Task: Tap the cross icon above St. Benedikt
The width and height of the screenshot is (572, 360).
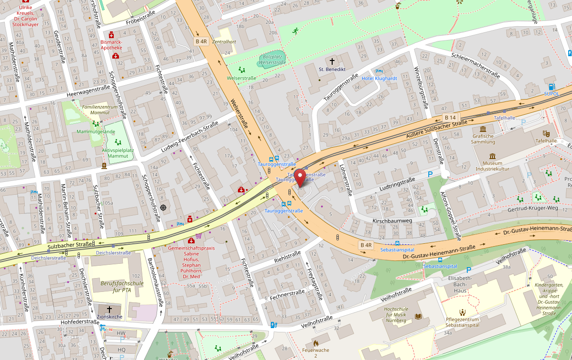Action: (332, 61)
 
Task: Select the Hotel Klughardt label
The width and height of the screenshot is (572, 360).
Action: (379, 78)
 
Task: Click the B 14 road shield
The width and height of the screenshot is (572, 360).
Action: (450, 117)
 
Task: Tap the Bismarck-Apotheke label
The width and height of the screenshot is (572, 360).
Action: (112, 45)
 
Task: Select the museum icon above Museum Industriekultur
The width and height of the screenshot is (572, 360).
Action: (492, 156)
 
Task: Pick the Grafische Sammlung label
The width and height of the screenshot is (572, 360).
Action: (483, 139)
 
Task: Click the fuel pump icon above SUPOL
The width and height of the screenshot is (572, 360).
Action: (552, 87)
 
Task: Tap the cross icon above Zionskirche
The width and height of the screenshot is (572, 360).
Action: (109, 309)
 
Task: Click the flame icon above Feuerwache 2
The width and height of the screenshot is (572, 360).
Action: (315, 343)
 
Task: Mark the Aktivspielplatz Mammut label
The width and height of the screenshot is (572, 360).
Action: (118, 153)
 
